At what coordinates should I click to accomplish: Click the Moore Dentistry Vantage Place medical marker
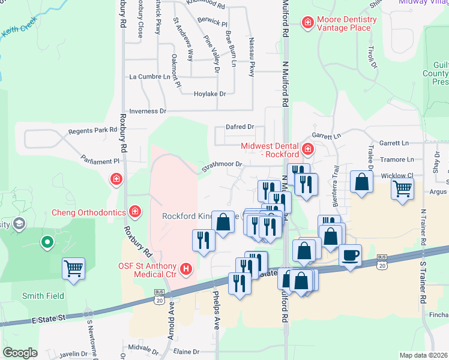tap(307, 23)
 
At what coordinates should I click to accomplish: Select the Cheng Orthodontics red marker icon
tap(136, 211)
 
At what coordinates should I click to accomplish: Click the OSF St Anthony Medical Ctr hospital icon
tap(186, 269)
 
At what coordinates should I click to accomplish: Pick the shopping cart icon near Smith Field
tap(73, 268)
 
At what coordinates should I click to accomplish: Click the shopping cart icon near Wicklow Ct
tap(402, 189)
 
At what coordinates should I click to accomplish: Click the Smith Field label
tap(43, 296)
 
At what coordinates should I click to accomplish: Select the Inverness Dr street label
tap(147, 111)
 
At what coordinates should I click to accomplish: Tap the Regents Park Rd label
tap(92, 130)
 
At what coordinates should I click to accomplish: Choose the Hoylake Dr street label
tap(209, 94)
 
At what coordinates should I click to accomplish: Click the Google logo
tap(20, 352)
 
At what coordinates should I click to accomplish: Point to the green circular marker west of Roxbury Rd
tap(46, 243)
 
